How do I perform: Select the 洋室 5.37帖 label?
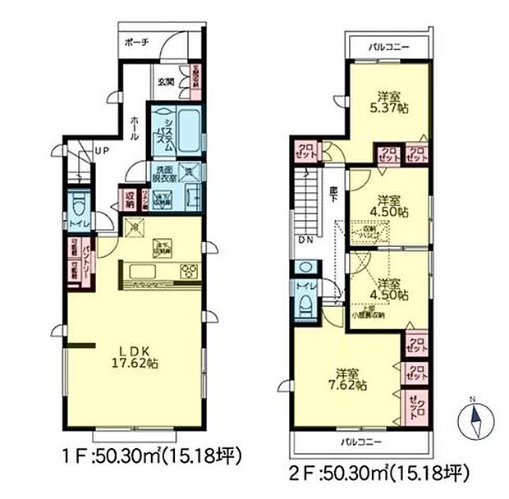(x=389, y=101)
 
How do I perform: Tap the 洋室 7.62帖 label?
(x=351, y=378)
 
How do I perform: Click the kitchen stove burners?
(x=188, y=272)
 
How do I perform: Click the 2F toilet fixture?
(x=304, y=304)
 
